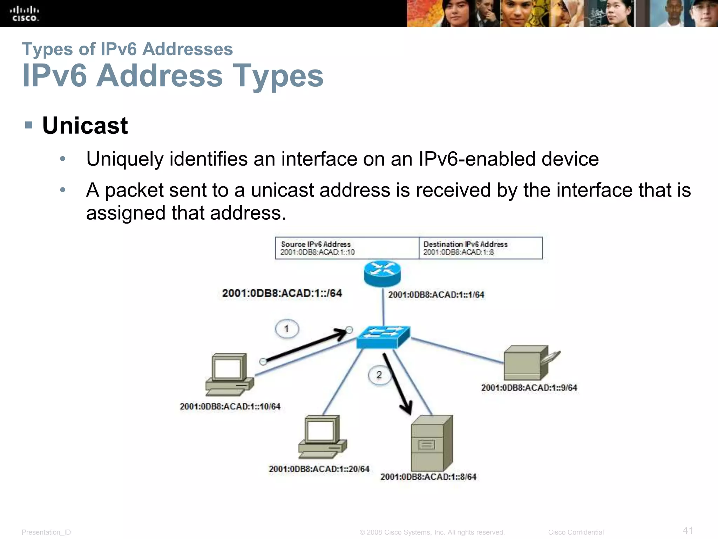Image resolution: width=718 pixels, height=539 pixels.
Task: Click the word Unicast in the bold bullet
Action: point(85,126)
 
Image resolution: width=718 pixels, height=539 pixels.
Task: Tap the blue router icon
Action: point(382,273)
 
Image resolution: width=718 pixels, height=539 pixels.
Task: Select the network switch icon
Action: point(383,337)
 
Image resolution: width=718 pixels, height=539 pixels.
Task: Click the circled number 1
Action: point(287,329)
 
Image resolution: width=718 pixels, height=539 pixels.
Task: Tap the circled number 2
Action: point(379,375)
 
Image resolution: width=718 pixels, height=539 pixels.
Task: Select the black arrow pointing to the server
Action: point(397,384)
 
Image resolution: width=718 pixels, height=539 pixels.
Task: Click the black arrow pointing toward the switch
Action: point(305,346)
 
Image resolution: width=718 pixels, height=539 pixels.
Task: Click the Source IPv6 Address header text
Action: point(316,244)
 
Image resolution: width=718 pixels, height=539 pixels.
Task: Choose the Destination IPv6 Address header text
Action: point(465,244)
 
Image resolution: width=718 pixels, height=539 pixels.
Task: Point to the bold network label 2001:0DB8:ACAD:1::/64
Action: point(282,293)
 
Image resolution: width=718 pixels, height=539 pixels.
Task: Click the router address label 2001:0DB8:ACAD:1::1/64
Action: point(436,295)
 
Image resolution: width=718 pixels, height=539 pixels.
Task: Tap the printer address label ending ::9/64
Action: point(529,388)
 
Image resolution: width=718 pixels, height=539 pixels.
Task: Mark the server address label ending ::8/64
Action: point(428,477)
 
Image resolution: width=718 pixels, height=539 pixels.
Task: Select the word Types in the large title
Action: point(278,76)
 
